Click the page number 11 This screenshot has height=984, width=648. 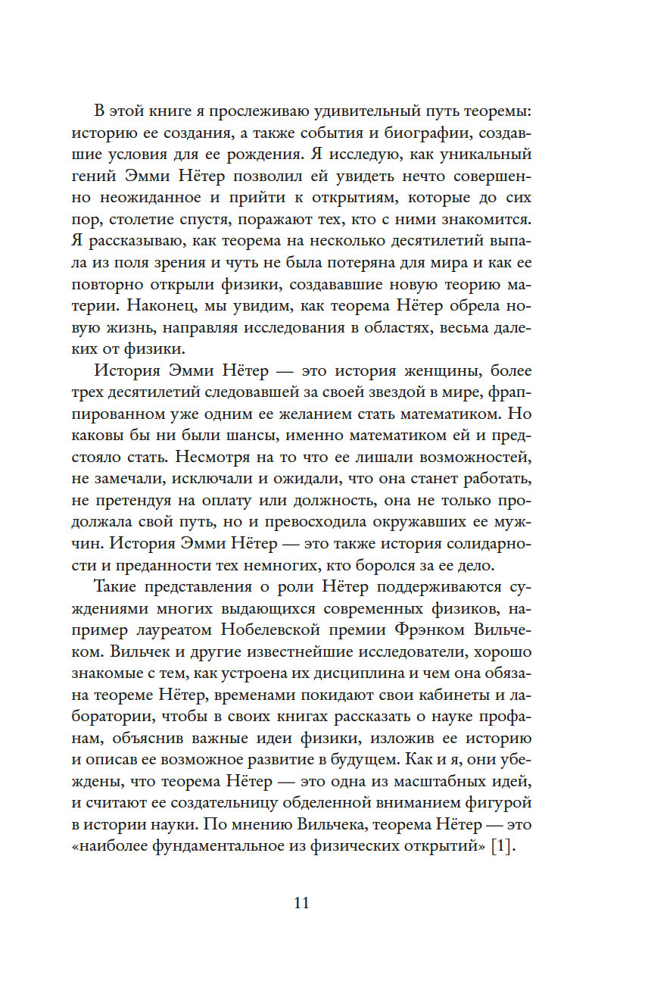tap(302, 902)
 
